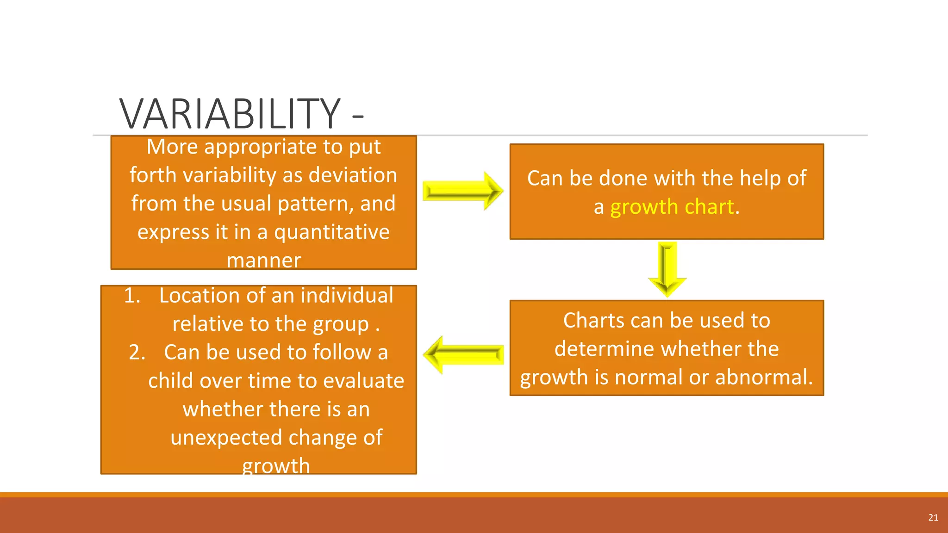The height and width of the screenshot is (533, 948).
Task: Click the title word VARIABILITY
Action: (230, 114)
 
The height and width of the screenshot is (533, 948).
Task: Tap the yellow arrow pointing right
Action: (463, 191)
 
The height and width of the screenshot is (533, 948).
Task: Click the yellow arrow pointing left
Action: (463, 355)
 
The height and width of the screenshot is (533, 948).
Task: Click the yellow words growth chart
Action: (672, 207)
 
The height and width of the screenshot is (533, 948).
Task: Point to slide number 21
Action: (933, 518)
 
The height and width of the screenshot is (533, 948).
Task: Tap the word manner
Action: (263, 260)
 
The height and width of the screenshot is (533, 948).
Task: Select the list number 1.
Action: (132, 296)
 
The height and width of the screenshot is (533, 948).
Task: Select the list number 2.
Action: (137, 353)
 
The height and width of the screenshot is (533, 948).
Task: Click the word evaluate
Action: (363, 381)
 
